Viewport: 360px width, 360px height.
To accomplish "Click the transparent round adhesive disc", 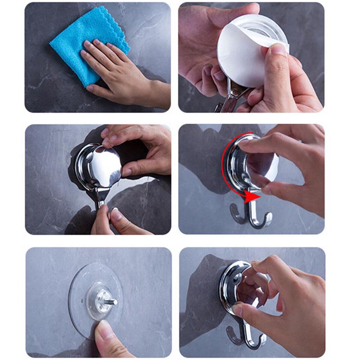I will [85, 283].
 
